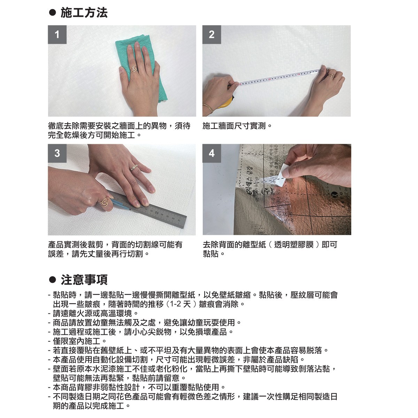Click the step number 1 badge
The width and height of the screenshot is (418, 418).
(57, 34)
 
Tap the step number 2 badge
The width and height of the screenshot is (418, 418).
(211, 34)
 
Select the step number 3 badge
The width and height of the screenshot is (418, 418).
(57, 153)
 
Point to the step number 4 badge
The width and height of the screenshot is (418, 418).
(211, 153)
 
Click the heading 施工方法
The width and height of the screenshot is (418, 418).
(84, 13)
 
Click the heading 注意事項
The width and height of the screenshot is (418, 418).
(84, 280)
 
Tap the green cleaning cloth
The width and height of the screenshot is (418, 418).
(139, 65)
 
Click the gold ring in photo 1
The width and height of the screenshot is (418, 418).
(134, 69)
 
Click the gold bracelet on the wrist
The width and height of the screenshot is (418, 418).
(208, 108)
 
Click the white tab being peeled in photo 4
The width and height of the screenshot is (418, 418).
(282, 175)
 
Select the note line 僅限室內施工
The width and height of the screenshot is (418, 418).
(77, 341)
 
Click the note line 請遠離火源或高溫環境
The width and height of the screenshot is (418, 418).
(93, 313)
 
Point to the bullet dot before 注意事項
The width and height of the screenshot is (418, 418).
(52, 280)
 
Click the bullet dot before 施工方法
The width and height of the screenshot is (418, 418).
(52, 13)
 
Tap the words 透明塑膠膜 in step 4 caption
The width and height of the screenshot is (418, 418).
(294, 245)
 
